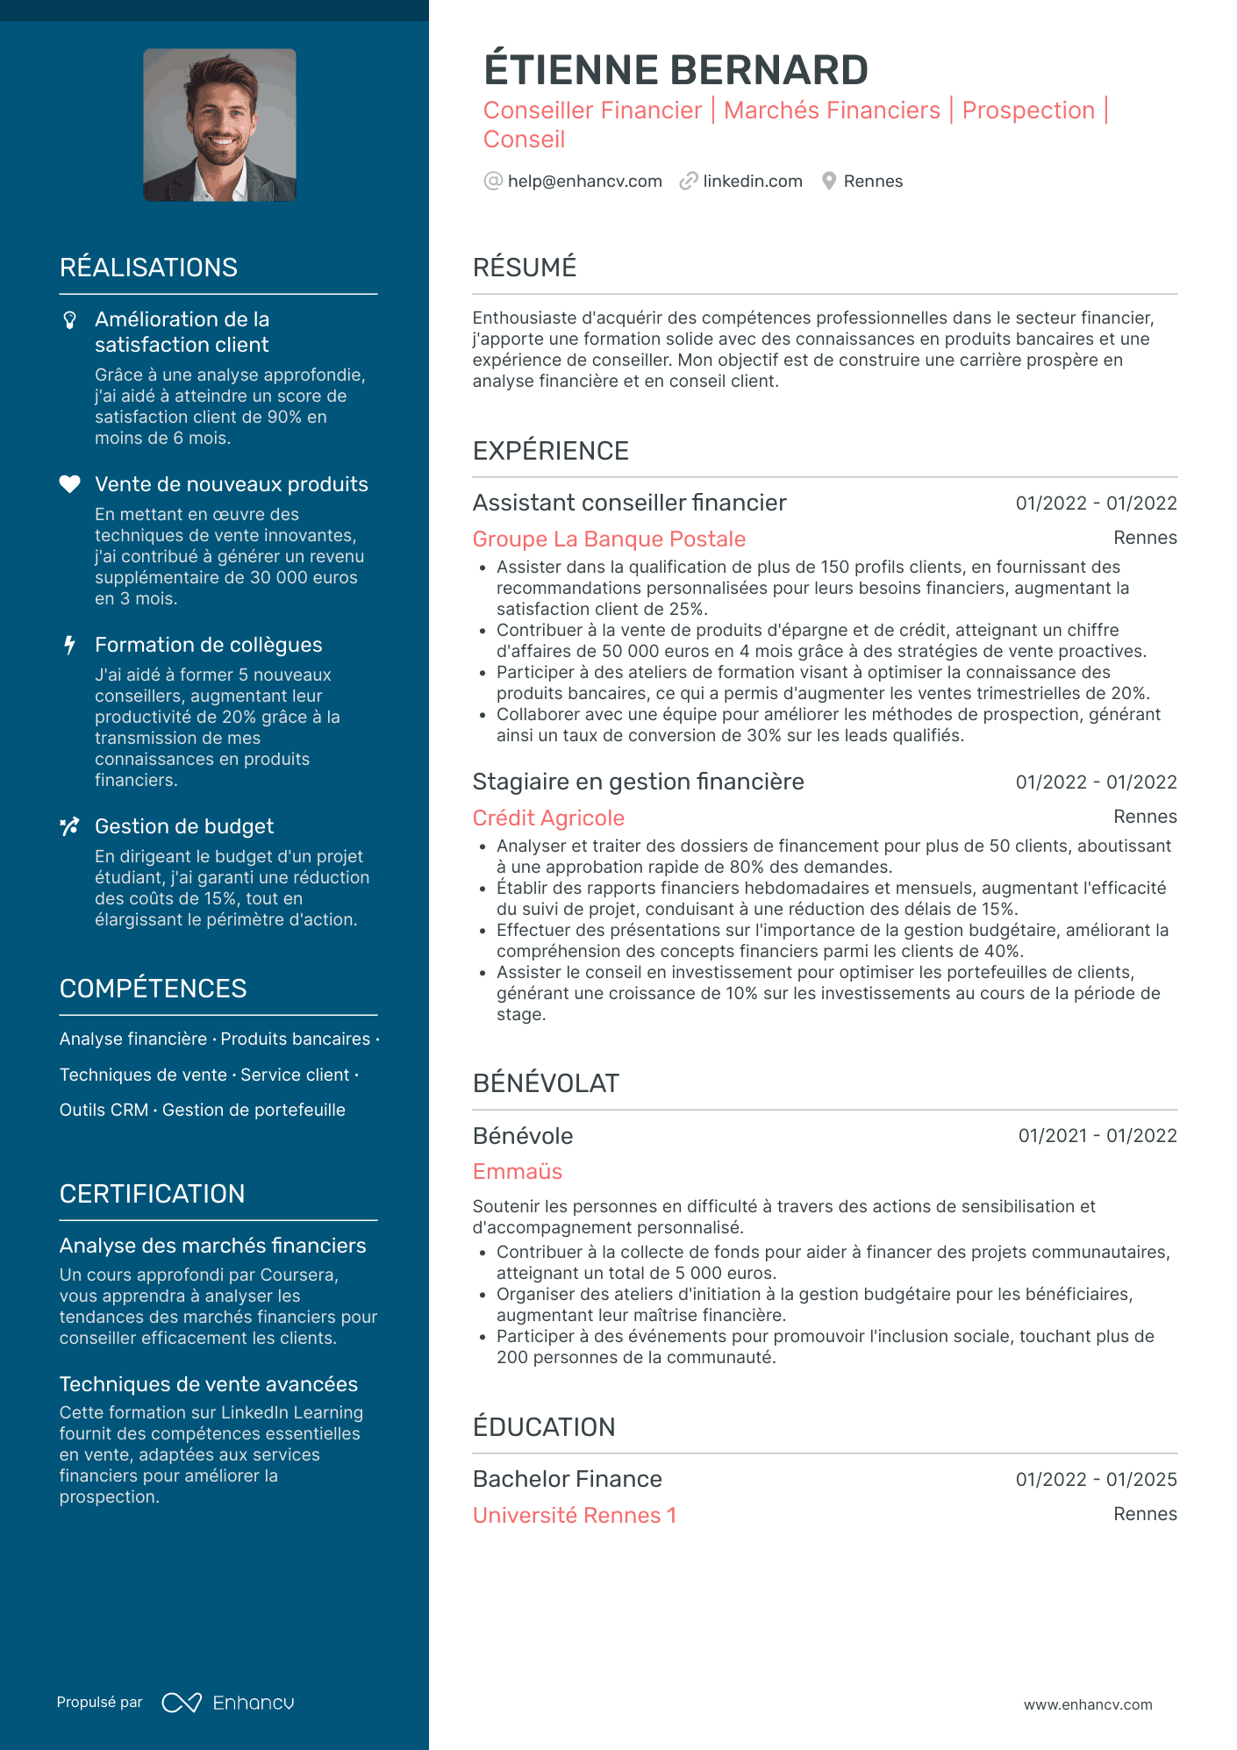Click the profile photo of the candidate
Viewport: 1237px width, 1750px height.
(x=219, y=125)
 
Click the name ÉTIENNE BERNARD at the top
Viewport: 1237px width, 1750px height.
(x=676, y=70)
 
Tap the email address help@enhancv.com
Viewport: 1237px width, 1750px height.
(x=584, y=182)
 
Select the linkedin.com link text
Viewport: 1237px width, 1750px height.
(x=752, y=182)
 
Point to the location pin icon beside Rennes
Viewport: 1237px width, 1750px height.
(x=828, y=182)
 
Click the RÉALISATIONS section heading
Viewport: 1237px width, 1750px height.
(x=148, y=268)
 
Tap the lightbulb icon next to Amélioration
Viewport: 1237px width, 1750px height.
(x=70, y=320)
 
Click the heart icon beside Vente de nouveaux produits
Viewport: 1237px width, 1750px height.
(x=69, y=484)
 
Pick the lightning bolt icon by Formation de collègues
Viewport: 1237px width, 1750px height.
(x=69, y=646)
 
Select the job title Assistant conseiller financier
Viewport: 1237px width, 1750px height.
(x=629, y=503)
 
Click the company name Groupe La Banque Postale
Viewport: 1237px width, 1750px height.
(x=609, y=539)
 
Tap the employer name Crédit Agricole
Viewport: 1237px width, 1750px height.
(x=548, y=818)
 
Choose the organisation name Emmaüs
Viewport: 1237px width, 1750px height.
(x=517, y=1172)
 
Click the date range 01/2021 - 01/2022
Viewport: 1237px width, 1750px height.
(x=1097, y=1136)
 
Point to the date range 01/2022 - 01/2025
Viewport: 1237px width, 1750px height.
(x=1096, y=1480)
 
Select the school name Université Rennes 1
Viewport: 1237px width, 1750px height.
(x=574, y=1516)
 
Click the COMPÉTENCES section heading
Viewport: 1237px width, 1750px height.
(x=153, y=989)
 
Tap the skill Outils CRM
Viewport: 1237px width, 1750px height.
(x=104, y=1111)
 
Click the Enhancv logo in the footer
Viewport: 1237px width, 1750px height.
(x=228, y=1703)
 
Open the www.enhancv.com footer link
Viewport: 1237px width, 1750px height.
(x=1087, y=1704)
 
